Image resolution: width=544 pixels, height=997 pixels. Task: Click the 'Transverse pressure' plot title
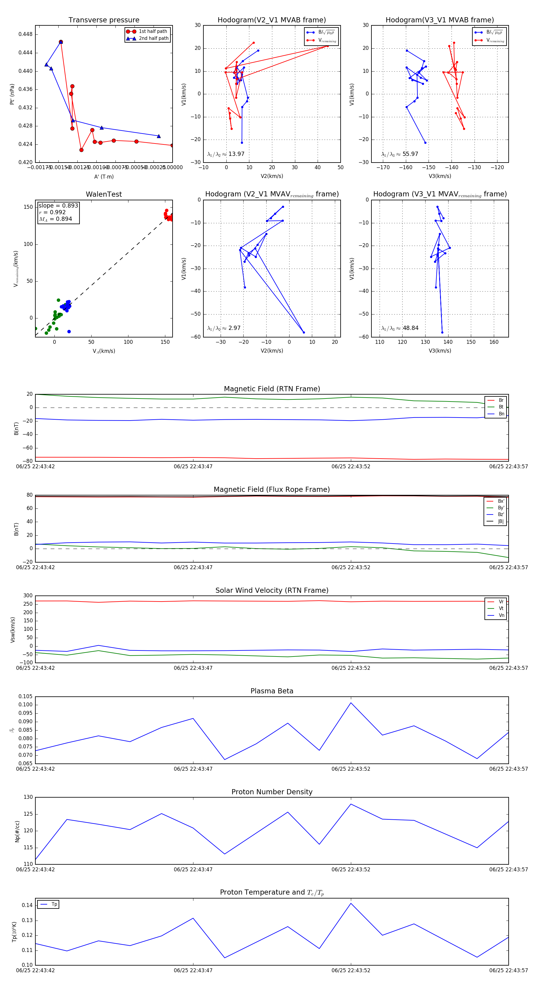click(104, 20)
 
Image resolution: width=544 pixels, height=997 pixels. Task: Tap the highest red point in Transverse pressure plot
click(61, 42)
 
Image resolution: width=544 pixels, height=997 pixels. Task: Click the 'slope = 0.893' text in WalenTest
click(58, 205)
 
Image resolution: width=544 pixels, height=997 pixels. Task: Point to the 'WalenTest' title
click(104, 194)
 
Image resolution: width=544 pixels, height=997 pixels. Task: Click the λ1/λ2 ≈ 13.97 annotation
click(226, 154)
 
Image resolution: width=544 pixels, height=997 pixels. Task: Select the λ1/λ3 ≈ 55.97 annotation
click(400, 154)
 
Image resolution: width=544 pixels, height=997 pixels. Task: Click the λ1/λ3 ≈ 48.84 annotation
click(400, 328)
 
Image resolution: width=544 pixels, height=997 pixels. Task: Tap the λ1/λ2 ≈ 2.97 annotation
click(224, 328)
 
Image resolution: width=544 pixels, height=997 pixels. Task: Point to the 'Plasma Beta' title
click(272, 691)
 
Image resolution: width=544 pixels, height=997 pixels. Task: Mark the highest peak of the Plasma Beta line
click(351, 702)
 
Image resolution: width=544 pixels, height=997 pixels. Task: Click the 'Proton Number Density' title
click(272, 792)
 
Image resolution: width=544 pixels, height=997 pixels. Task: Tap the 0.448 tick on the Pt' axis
click(26, 34)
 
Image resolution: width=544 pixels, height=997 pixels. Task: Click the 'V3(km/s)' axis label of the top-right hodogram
click(440, 176)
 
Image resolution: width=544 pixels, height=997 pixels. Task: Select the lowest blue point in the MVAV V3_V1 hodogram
click(442, 332)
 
